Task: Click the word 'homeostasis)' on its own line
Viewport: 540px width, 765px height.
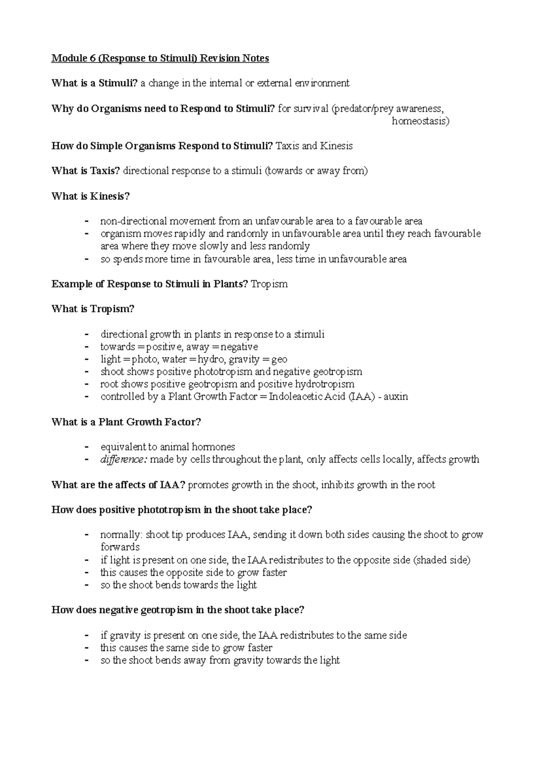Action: click(420, 121)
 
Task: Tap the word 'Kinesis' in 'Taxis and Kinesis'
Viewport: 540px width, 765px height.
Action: click(336, 146)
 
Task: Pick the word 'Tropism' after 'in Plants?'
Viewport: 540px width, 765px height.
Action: click(269, 284)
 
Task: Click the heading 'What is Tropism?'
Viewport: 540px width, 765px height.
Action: click(93, 309)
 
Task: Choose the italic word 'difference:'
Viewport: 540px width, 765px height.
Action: click(124, 460)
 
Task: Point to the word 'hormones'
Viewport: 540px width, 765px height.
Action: click(213, 447)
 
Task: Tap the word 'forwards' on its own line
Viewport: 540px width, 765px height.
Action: click(120, 547)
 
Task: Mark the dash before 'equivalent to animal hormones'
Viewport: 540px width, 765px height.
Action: click(86, 447)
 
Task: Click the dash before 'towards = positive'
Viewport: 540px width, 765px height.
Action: click(86, 347)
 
